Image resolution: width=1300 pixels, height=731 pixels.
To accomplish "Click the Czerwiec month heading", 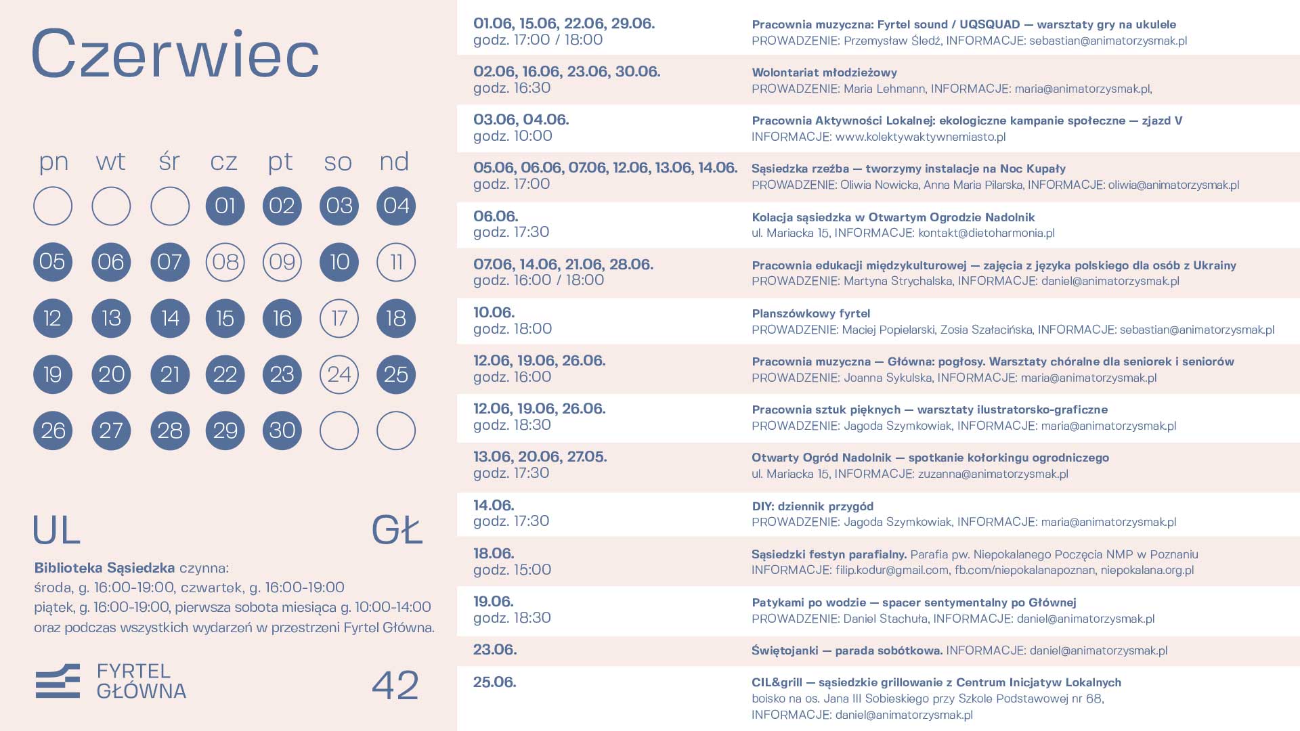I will pyautogui.click(x=175, y=54).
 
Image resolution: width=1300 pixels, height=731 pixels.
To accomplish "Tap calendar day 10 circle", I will pyautogui.click(x=339, y=262).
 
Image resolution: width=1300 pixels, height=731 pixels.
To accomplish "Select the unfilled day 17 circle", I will pyautogui.click(x=339, y=318).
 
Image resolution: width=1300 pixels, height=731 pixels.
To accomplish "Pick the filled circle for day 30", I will pyautogui.click(x=282, y=430).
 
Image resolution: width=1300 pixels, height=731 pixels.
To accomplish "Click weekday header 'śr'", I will pyautogui.click(x=169, y=162).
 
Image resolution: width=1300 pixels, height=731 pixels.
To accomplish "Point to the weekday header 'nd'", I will pyautogui.click(x=394, y=162).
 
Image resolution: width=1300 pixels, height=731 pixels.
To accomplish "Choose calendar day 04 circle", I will pyautogui.click(x=396, y=206).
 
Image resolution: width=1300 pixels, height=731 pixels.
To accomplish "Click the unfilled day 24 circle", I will pyautogui.click(x=339, y=374).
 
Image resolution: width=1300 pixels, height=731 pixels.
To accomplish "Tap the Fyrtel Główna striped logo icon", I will pyautogui.click(x=58, y=681).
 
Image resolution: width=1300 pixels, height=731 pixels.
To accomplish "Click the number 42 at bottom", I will pyautogui.click(x=395, y=685).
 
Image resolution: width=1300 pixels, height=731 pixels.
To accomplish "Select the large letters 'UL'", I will pyautogui.click(x=57, y=530).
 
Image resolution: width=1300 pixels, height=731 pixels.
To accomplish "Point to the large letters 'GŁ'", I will pyautogui.click(x=397, y=530).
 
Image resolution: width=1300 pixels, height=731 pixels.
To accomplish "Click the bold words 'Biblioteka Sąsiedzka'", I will pyautogui.click(x=104, y=568).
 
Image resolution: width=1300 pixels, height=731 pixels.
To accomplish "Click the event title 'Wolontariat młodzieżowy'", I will pyautogui.click(x=824, y=72).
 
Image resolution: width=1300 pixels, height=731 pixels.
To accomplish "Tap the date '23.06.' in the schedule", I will pyautogui.click(x=495, y=650).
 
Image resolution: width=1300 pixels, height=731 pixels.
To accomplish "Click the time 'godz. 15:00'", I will pyautogui.click(x=512, y=570).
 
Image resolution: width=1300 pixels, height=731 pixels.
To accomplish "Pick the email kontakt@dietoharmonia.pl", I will pyautogui.click(x=986, y=234).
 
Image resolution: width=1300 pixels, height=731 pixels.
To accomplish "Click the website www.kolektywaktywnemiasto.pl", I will pyautogui.click(x=920, y=137).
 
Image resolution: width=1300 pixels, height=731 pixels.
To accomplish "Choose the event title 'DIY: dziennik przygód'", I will pyautogui.click(x=812, y=506).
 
